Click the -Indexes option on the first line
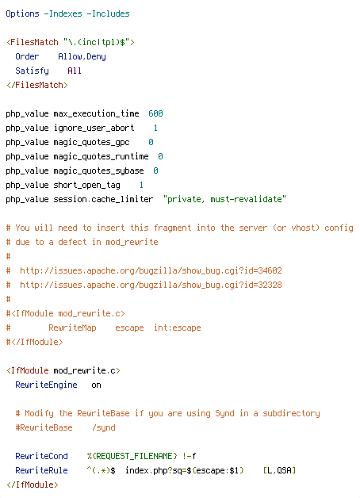[x=63, y=14]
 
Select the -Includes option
[x=109, y=14]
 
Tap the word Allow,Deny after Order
[x=82, y=57]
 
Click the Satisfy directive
[x=32, y=71]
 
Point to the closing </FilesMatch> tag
[x=37, y=85]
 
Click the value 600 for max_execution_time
[x=155, y=113]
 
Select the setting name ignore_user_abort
[x=94, y=128]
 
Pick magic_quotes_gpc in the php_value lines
[x=91, y=142]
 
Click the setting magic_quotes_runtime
[x=101, y=156]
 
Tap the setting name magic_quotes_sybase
[x=99, y=170]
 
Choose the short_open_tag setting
[x=86, y=185]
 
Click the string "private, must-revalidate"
[x=224, y=199]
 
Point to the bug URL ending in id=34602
[x=151, y=270]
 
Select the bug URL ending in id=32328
[x=151, y=285]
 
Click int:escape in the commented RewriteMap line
[x=177, y=328]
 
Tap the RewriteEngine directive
[x=46, y=385]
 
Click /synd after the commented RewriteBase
[x=104, y=427]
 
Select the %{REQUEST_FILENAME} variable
[x=132, y=456]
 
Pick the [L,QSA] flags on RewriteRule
[x=279, y=470]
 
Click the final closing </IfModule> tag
[x=33, y=485]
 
